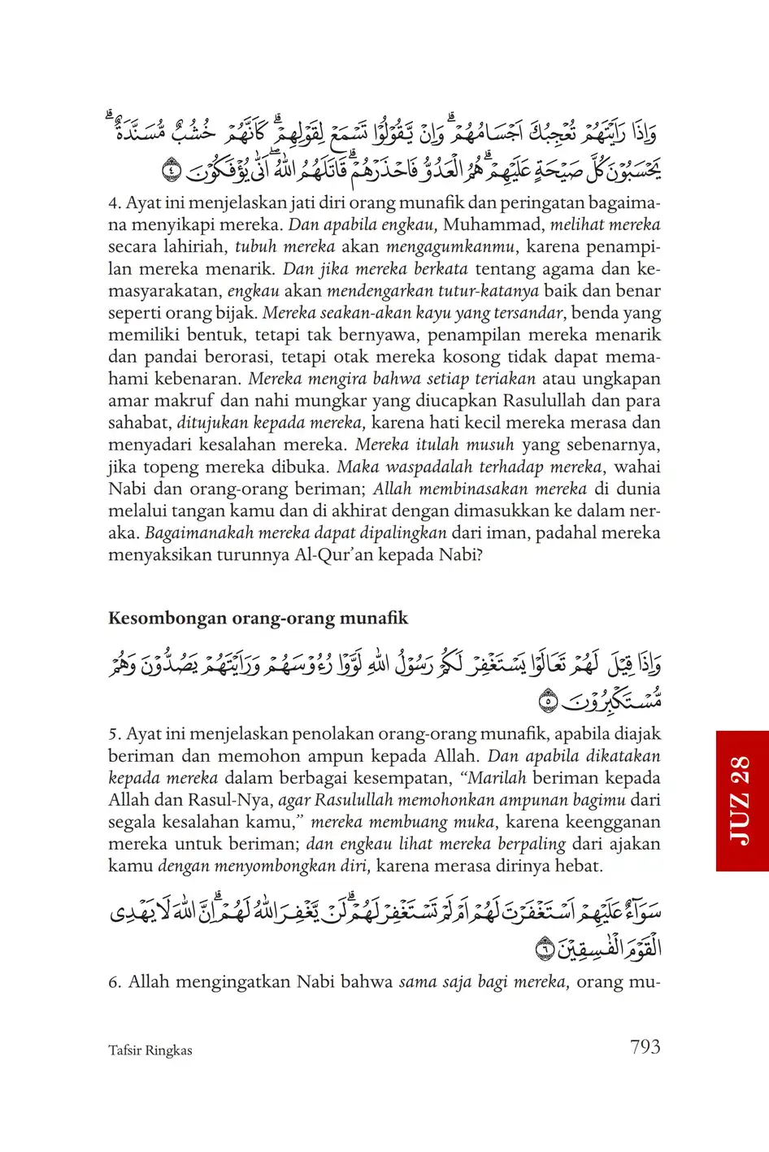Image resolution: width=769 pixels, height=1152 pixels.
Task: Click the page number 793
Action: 645,1047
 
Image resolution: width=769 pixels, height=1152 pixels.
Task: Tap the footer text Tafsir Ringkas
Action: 150,1050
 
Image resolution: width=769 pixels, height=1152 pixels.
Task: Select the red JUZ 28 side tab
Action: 742,800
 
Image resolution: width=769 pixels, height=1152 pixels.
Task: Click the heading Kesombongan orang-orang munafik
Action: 258,618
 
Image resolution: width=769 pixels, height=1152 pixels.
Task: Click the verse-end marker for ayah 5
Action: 548,698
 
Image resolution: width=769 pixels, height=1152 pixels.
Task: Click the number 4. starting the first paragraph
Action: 115,202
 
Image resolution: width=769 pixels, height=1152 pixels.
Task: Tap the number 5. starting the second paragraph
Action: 115,733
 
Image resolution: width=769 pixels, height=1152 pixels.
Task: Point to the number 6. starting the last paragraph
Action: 115,981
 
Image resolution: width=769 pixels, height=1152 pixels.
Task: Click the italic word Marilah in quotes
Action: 497,777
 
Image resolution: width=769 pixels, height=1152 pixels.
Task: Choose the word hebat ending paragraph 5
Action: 578,865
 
